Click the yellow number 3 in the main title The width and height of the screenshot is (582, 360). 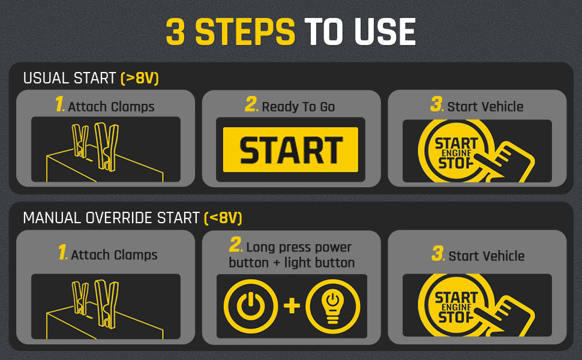click(x=175, y=32)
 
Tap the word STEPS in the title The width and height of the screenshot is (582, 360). click(x=245, y=32)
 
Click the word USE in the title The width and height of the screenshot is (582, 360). click(x=385, y=32)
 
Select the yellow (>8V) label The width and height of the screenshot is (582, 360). click(x=140, y=79)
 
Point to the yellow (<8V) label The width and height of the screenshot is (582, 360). click(x=223, y=218)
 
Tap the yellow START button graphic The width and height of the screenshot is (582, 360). click(x=290, y=149)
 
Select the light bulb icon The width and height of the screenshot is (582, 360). click(x=332, y=307)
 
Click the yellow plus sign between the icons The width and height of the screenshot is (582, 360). click(x=292, y=306)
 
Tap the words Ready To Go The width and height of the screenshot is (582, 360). click(x=298, y=107)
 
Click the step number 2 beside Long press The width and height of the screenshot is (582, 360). click(x=236, y=245)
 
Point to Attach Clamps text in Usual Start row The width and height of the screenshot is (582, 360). click(x=112, y=107)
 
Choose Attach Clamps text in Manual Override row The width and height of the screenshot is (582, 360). click(x=115, y=255)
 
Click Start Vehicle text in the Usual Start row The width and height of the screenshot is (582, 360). click(x=485, y=107)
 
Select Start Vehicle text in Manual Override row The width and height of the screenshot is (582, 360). click(x=487, y=256)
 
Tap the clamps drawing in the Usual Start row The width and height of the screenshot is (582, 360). click(x=96, y=148)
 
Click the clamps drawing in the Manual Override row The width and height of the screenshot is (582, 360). click(x=96, y=304)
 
